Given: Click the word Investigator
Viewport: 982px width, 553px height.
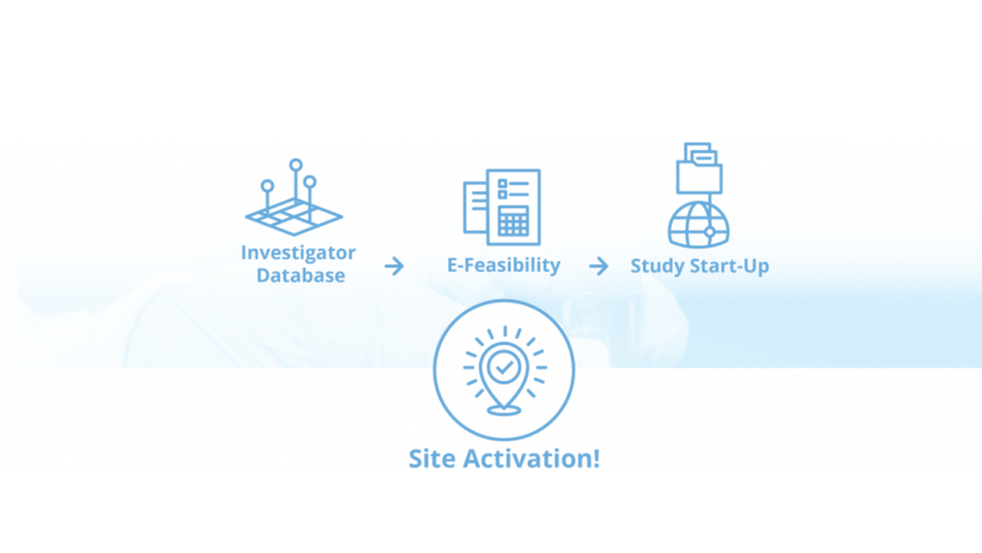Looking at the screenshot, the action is [x=298, y=253].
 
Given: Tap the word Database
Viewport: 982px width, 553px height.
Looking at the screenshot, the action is [x=301, y=276].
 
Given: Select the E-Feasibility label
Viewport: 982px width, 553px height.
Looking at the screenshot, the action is [x=504, y=266].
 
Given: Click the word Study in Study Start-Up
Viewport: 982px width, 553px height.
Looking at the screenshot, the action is [x=657, y=267].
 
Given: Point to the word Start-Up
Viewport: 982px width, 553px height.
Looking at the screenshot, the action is [x=730, y=267].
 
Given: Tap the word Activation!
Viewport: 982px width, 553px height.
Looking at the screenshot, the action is [x=532, y=459].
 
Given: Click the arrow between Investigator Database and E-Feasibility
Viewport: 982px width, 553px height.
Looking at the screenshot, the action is [x=394, y=266].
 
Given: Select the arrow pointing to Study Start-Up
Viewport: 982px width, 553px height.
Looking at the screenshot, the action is [x=599, y=266].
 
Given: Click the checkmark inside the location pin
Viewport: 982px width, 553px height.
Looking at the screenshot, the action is [x=504, y=367].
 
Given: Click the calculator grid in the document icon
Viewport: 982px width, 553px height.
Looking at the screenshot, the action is [x=513, y=220].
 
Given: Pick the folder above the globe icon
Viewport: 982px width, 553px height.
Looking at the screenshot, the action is [x=699, y=168].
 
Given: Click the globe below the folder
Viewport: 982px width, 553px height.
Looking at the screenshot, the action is [x=699, y=224].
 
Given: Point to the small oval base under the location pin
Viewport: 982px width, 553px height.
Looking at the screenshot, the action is [x=504, y=410].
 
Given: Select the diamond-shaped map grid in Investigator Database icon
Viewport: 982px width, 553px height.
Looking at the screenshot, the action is [x=294, y=217].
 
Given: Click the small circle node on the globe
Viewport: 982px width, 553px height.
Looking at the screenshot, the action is [x=710, y=232].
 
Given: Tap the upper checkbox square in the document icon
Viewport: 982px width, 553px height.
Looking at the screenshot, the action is [x=503, y=183].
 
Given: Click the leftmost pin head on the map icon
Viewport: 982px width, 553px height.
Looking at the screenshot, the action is [x=268, y=186].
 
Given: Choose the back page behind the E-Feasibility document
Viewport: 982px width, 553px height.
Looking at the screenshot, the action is [x=475, y=207].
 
